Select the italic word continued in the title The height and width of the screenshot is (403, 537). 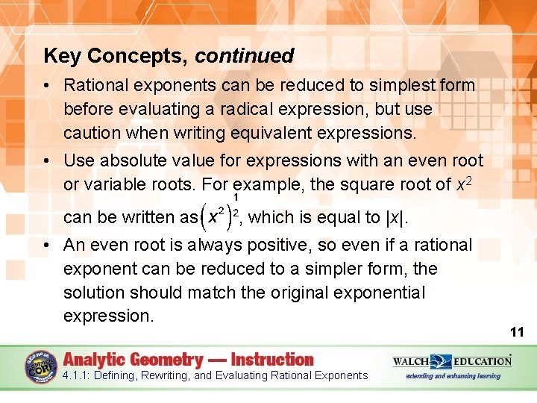point(245,56)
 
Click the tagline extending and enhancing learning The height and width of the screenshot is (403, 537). point(452,376)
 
